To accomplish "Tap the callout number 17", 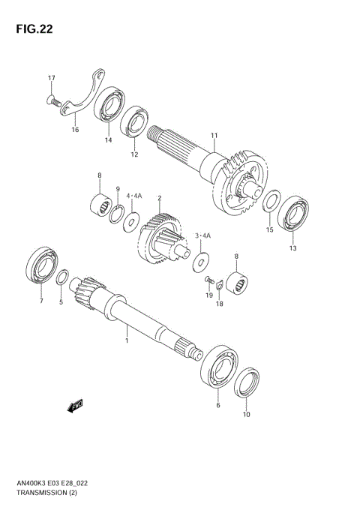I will tap(52, 79).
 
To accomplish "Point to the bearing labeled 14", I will tap(109, 106).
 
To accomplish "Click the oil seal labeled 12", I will tap(136, 123).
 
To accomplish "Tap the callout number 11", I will tap(214, 136).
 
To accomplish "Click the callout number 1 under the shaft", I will tap(127, 341).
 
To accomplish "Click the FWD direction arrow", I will tap(75, 406).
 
